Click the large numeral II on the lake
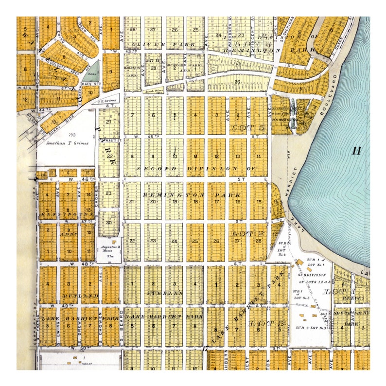point(357,151)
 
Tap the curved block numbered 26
point(238,82)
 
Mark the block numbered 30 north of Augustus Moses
point(109,222)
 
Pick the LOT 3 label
point(260,323)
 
